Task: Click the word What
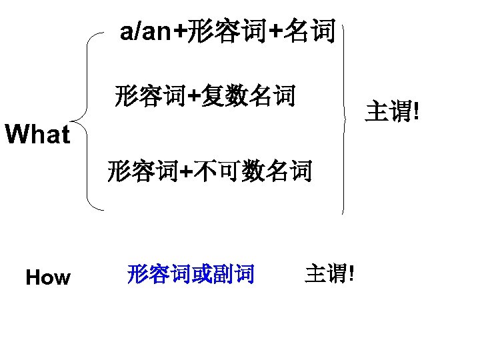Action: [37, 135]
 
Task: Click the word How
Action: [47, 277]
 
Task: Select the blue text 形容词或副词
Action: [191, 274]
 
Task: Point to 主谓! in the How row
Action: [329, 273]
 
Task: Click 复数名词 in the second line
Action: [247, 97]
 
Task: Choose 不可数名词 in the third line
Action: [253, 171]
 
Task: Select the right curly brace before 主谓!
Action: [345, 117]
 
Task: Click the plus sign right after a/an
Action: [180, 31]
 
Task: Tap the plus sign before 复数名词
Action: [193, 97]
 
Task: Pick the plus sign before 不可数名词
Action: [187, 172]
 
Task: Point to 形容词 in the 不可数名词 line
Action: [143, 171]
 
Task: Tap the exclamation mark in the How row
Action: [351, 273]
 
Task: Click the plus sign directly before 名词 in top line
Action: [275, 31]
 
